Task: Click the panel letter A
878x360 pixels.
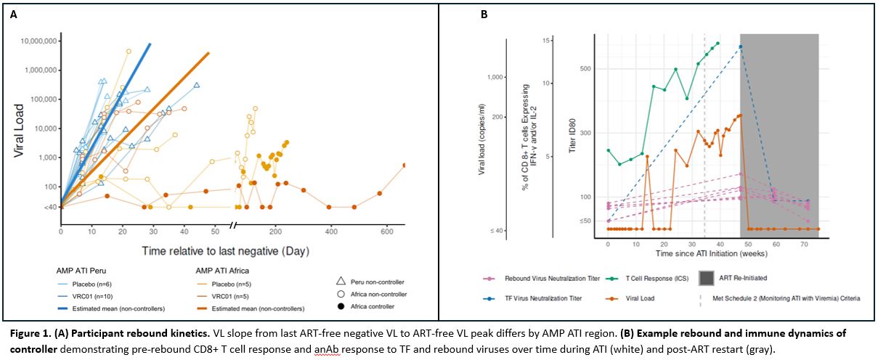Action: click(x=14, y=15)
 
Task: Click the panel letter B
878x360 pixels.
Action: click(x=484, y=15)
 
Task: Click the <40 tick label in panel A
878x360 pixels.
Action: click(x=51, y=208)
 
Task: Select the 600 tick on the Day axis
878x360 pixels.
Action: click(x=387, y=232)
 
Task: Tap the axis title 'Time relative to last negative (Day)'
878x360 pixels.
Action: click(x=225, y=251)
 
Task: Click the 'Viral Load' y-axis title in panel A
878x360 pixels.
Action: click(x=19, y=131)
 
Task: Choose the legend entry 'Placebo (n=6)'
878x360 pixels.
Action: click(x=92, y=284)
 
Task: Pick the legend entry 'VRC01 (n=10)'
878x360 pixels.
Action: click(x=92, y=297)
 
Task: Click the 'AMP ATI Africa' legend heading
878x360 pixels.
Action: click(x=222, y=271)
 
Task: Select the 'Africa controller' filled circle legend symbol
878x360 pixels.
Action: click(x=341, y=306)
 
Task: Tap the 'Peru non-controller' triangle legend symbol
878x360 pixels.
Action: click(x=341, y=282)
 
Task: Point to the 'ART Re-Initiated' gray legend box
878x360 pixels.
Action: click(x=707, y=279)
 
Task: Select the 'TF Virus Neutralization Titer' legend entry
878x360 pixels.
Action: click(x=543, y=298)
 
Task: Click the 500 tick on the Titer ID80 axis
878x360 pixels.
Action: click(x=585, y=69)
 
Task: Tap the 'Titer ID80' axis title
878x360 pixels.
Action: click(x=573, y=135)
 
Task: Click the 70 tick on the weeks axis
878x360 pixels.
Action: click(x=805, y=244)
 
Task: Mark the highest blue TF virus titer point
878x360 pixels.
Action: click(x=741, y=46)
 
